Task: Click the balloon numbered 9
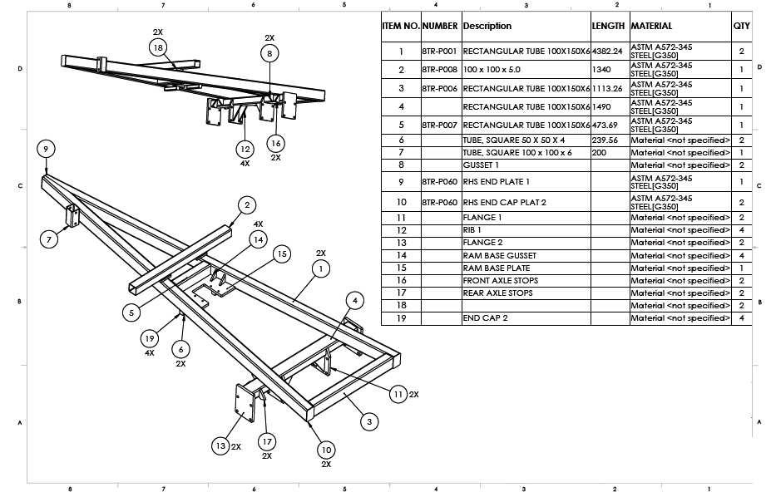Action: coord(47,149)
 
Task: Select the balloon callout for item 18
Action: coord(158,48)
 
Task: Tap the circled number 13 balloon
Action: coord(220,446)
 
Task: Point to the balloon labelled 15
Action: coord(282,253)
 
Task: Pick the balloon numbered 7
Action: coord(49,239)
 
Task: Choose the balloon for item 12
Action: coord(244,150)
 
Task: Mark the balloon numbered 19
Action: coord(149,338)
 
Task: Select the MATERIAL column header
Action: coord(651,26)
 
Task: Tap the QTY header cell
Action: coord(741,26)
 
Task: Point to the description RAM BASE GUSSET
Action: coord(499,255)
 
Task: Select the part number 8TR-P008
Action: coord(440,69)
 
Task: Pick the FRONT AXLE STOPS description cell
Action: coord(500,280)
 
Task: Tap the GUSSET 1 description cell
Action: coord(481,165)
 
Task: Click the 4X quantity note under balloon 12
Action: coord(244,164)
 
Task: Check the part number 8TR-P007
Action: coord(440,125)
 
